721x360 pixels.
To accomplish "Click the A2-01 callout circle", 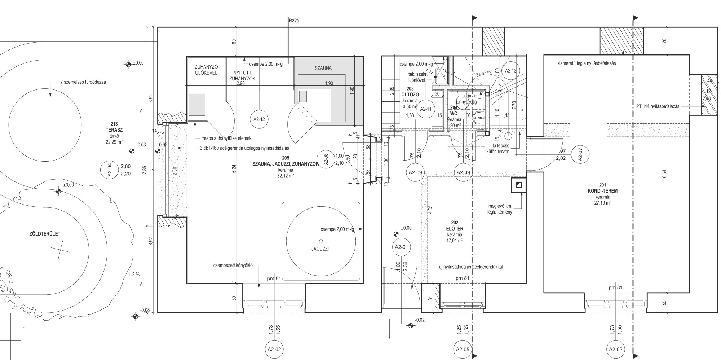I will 401,247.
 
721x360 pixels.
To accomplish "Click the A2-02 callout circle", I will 274,349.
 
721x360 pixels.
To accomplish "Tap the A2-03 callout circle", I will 615,349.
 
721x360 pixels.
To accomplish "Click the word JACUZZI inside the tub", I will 320,249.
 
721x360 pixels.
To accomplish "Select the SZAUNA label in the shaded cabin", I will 323,68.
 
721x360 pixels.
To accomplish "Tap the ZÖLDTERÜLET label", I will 45,234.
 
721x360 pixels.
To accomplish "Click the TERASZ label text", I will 112,129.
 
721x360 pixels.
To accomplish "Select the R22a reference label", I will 294,21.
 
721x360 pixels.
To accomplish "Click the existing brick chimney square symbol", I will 518,185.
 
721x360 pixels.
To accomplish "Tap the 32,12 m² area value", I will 285,176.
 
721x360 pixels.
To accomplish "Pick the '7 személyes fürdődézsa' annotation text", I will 83,82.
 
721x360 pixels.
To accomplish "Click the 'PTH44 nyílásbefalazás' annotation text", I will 658,106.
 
